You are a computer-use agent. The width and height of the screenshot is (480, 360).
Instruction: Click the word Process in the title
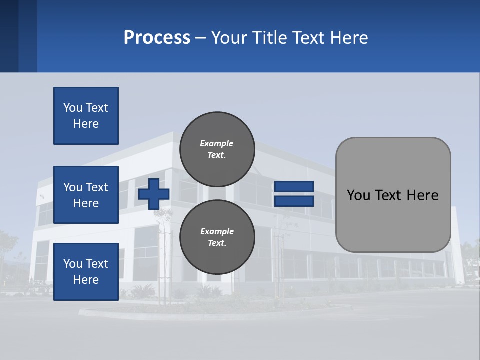[x=157, y=38]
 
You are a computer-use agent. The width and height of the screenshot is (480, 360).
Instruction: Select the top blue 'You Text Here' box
[x=86, y=116]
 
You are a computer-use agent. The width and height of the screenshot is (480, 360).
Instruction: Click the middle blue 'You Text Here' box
[x=86, y=195]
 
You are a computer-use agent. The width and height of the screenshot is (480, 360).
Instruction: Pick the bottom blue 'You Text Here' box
[x=86, y=271]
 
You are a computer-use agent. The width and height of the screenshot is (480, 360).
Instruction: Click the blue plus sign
[x=154, y=194]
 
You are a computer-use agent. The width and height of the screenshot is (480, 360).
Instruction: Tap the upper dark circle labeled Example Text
[x=217, y=149]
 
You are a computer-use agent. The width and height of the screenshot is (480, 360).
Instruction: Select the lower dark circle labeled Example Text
[x=217, y=237]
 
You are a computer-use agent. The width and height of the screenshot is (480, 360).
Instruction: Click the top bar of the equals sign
[x=294, y=187]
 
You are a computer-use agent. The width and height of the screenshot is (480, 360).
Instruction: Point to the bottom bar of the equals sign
[x=294, y=201]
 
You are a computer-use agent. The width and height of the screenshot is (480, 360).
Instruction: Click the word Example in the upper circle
[x=217, y=143]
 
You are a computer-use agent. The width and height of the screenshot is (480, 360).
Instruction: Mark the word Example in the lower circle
[x=217, y=231]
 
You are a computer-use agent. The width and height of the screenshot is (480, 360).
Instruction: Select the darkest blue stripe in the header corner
[x=9, y=36]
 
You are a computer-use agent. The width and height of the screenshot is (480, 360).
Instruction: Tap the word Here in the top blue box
[x=86, y=124]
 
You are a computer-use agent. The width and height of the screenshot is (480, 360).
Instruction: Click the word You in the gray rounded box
[x=358, y=195]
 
